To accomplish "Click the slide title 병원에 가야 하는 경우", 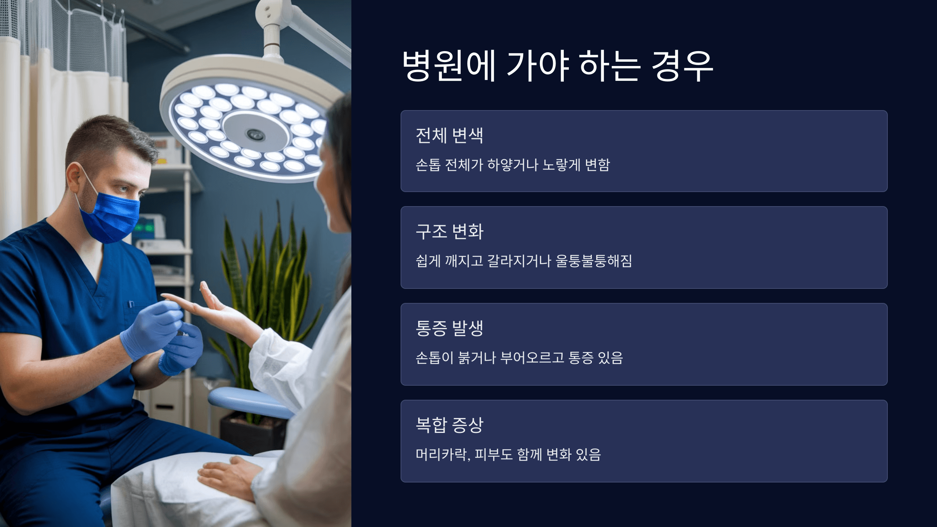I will [x=558, y=66].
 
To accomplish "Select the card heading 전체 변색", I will [x=449, y=136].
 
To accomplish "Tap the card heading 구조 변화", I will [x=449, y=231].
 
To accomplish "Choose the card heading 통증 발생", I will [x=449, y=328].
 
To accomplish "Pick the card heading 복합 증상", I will [x=449, y=425].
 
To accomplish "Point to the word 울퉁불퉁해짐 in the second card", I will [x=593, y=261].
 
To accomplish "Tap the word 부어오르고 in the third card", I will [x=532, y=358].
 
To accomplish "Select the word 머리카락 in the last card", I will [x=441, y=454].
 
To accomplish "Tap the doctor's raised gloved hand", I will [x=152, y=328].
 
